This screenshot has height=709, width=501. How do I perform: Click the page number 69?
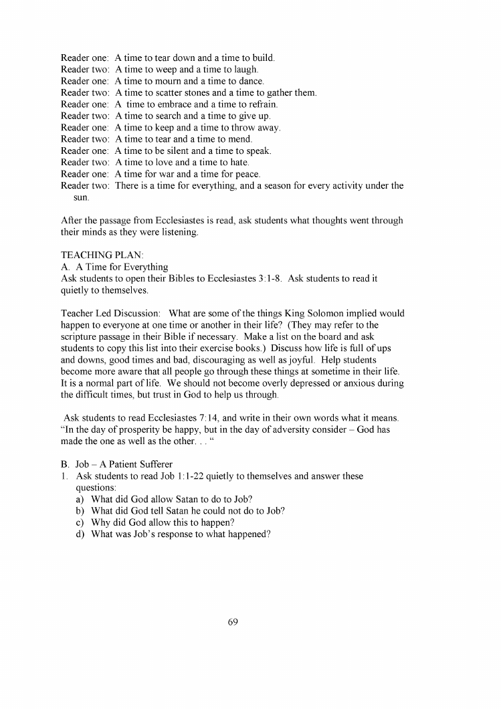click(233, 621)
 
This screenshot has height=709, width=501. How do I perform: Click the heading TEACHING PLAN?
click(98, 256)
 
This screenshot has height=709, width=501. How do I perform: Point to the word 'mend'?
click(240, 139)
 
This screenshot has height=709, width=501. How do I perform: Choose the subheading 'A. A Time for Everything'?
click(114, 267)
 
